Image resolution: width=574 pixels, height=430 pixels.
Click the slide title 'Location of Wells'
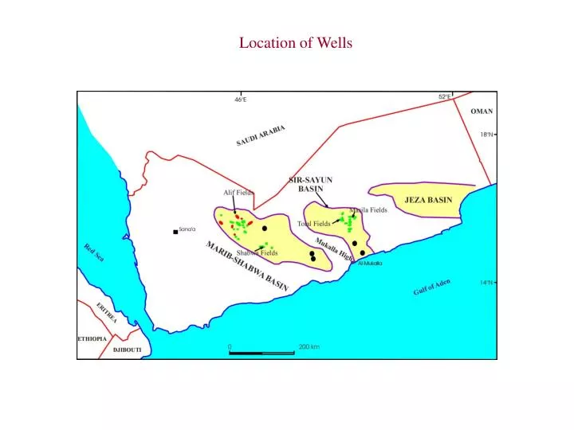[x=296, y=43]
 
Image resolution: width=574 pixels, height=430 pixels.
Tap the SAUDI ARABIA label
[x=261, y=135]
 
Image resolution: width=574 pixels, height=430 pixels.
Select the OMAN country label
[x=482, y=111]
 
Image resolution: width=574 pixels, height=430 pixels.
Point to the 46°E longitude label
[x=240, y=100]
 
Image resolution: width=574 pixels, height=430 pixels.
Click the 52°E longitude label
[x=444, y=96]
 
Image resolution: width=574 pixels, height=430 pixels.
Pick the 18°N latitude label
[x=486, y=135]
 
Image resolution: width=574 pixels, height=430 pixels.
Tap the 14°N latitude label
[x=486, y=282]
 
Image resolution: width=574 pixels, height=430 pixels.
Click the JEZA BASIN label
[x=428, y=200]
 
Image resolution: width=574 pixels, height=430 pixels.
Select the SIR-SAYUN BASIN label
[x=310, y=185]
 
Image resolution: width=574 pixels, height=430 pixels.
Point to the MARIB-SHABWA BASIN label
[x=247, y=265]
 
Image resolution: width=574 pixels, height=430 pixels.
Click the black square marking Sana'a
[x=175, y=232]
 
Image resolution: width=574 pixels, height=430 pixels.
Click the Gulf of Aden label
[x=431, y=287]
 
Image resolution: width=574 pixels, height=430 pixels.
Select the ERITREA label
[x=106, y=312]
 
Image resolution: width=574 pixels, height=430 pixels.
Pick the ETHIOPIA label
[x=92, y=338]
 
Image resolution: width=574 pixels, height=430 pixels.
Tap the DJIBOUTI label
[x=127, y=350]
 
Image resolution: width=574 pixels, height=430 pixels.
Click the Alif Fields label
[x=238, y=193]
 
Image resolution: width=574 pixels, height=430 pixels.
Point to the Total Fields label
[x=313, y=224]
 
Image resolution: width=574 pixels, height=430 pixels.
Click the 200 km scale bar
[x=261, y=352]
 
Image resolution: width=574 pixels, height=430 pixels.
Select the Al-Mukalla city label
[x=370, y=263]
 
